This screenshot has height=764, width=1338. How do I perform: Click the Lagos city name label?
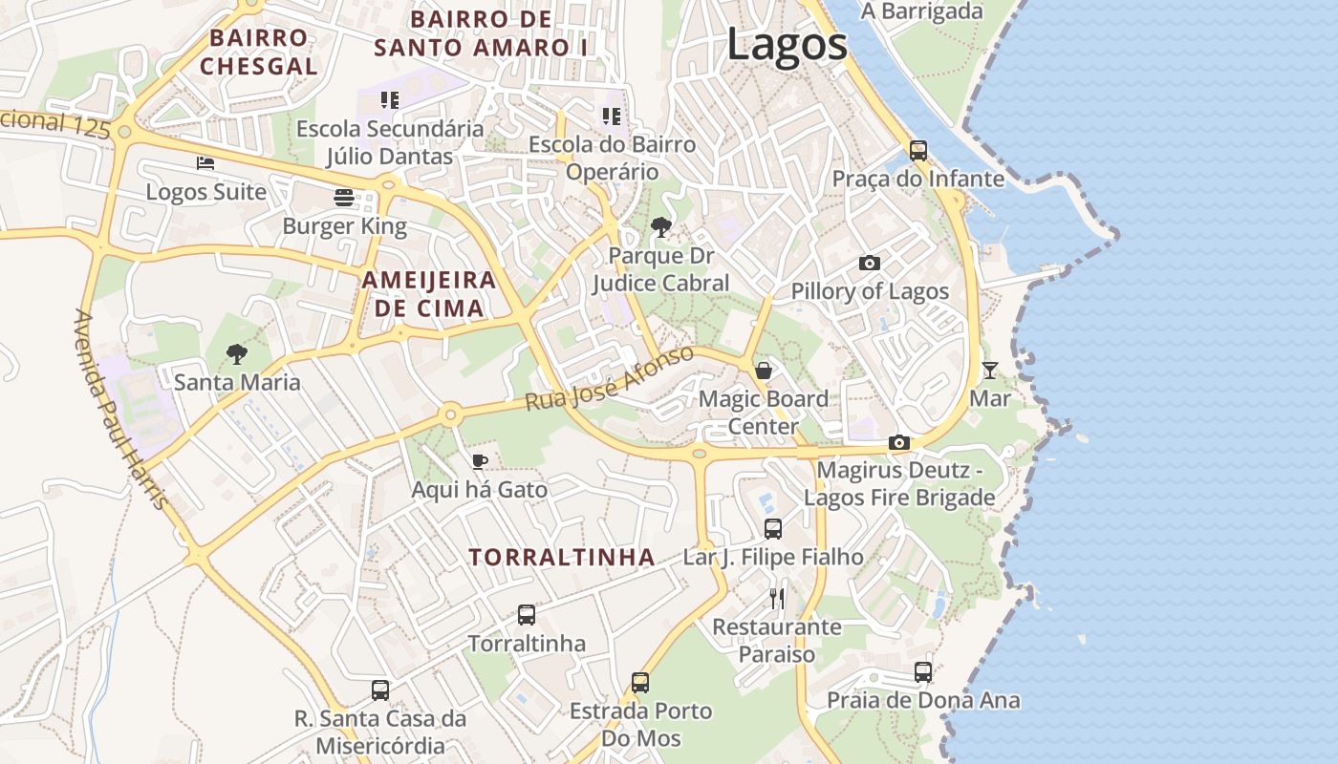point(787,44)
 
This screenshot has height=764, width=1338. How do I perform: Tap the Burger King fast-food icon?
point(344,198)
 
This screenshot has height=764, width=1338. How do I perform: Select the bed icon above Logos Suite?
point(205,163)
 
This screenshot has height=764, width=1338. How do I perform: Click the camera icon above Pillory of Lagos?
point(869,263)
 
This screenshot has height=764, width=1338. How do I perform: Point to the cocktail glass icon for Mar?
point(989,370)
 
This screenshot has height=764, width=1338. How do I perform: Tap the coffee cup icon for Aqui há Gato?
point(480,462)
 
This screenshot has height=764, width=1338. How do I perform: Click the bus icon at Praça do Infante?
point(917,150)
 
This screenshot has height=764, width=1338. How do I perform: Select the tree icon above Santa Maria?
point(236,354)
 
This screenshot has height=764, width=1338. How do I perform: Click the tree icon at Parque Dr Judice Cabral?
point(659,227)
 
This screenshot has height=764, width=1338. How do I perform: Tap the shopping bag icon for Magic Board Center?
point(764,370)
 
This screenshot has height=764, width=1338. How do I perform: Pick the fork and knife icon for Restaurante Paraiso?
point(776,599)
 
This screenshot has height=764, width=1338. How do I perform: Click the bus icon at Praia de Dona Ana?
point(922,671)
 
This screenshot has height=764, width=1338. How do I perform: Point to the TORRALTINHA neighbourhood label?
point(562,557)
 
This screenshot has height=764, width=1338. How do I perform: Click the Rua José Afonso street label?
point(609,379)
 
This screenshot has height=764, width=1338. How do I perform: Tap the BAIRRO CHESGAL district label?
point(258,52)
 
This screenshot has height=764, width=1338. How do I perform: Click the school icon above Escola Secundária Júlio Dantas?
point(389,99)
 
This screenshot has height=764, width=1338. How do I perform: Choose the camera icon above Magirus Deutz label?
point(898,442)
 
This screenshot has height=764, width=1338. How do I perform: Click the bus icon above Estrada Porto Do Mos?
point(640,683)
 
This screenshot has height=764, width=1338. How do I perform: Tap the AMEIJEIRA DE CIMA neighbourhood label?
point(429,294)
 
